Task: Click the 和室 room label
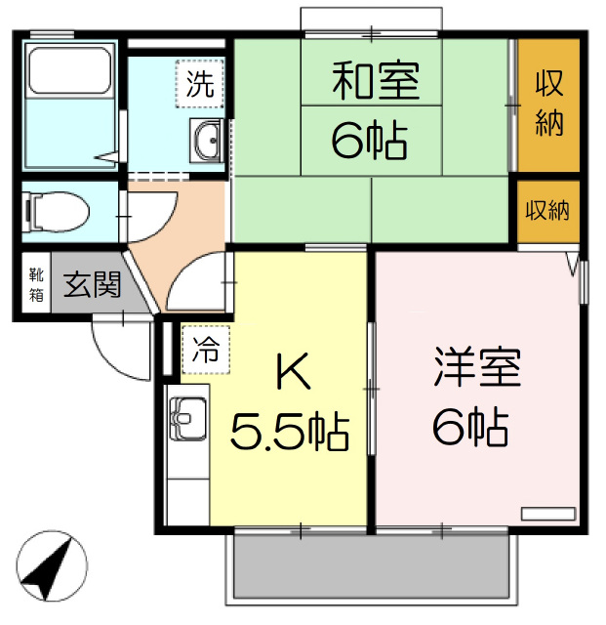[x=376, y=81]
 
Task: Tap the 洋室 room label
[x=477, y=367]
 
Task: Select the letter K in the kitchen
[x=294, y=373]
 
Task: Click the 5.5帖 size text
[x=290, y=432]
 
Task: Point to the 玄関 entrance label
[x=92, y=284]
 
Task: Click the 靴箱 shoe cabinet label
[x=36, y=284]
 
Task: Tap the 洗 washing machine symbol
[x=200, y=84]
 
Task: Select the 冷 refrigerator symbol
[x=206, y=350]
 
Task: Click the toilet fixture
[x=56, y=211]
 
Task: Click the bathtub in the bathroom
[x=69, y=70]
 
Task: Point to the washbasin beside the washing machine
[x=206, y=141]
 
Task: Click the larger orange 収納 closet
[x=547, y=105]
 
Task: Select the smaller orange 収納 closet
[x=547, y=211]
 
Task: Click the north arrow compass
[x=52, y=566]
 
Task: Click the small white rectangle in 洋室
[x=549, y=514]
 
